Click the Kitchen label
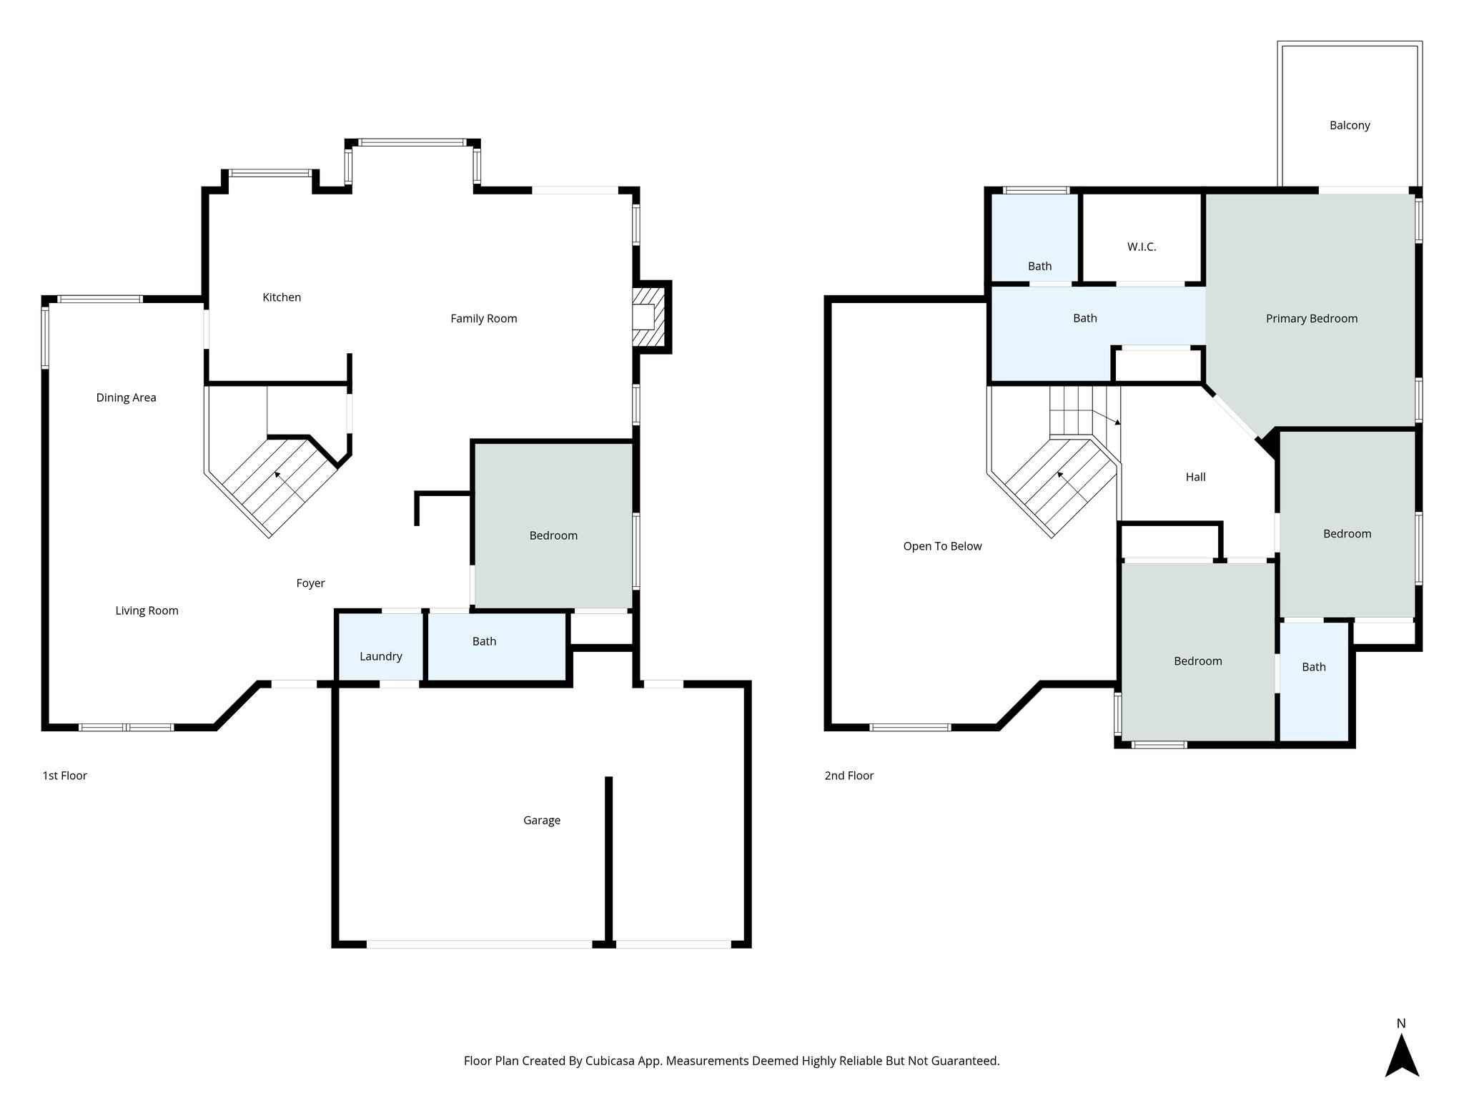282,297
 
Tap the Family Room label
483,319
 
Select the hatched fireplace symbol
648,317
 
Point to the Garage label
541,821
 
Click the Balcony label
1349,126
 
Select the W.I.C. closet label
1141,247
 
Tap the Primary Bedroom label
1311,319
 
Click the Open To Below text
942,546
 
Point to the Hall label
1195,478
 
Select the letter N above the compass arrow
1401,1024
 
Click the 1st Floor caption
64,776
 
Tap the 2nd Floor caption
849,776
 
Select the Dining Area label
126,398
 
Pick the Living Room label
147,610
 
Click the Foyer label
310,583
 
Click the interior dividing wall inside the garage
608,858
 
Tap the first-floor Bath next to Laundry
484,642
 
